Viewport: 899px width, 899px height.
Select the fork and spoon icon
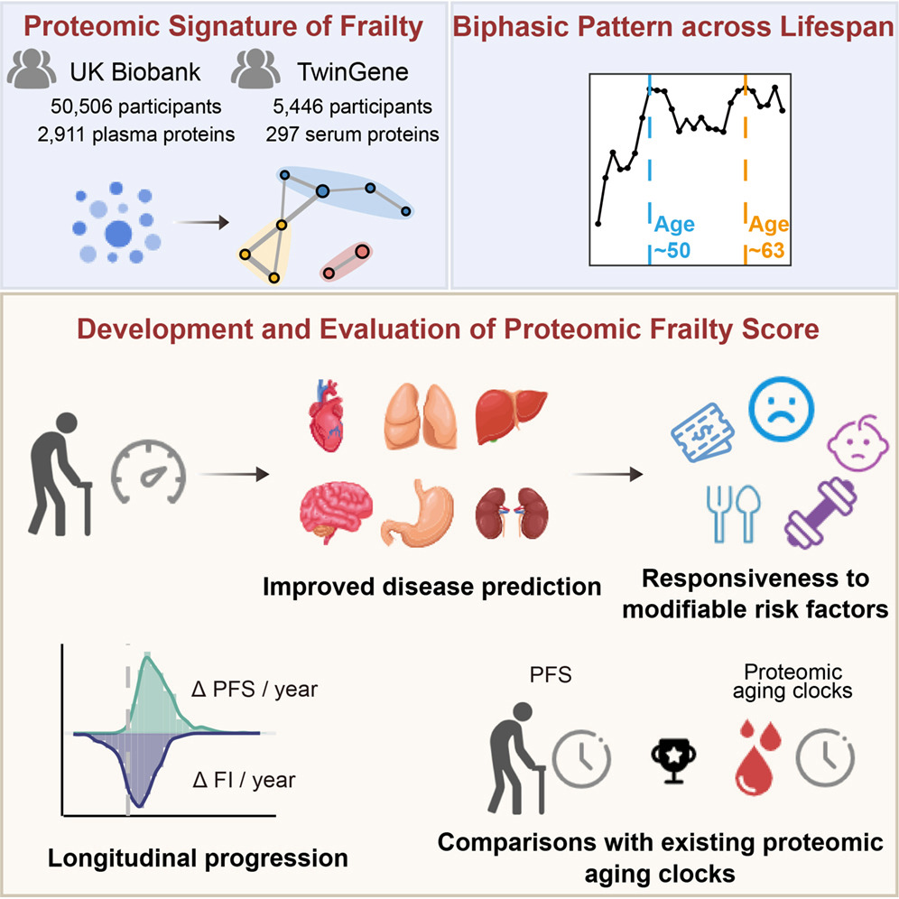coord(731,514)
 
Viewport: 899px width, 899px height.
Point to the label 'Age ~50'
coord(679,236)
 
